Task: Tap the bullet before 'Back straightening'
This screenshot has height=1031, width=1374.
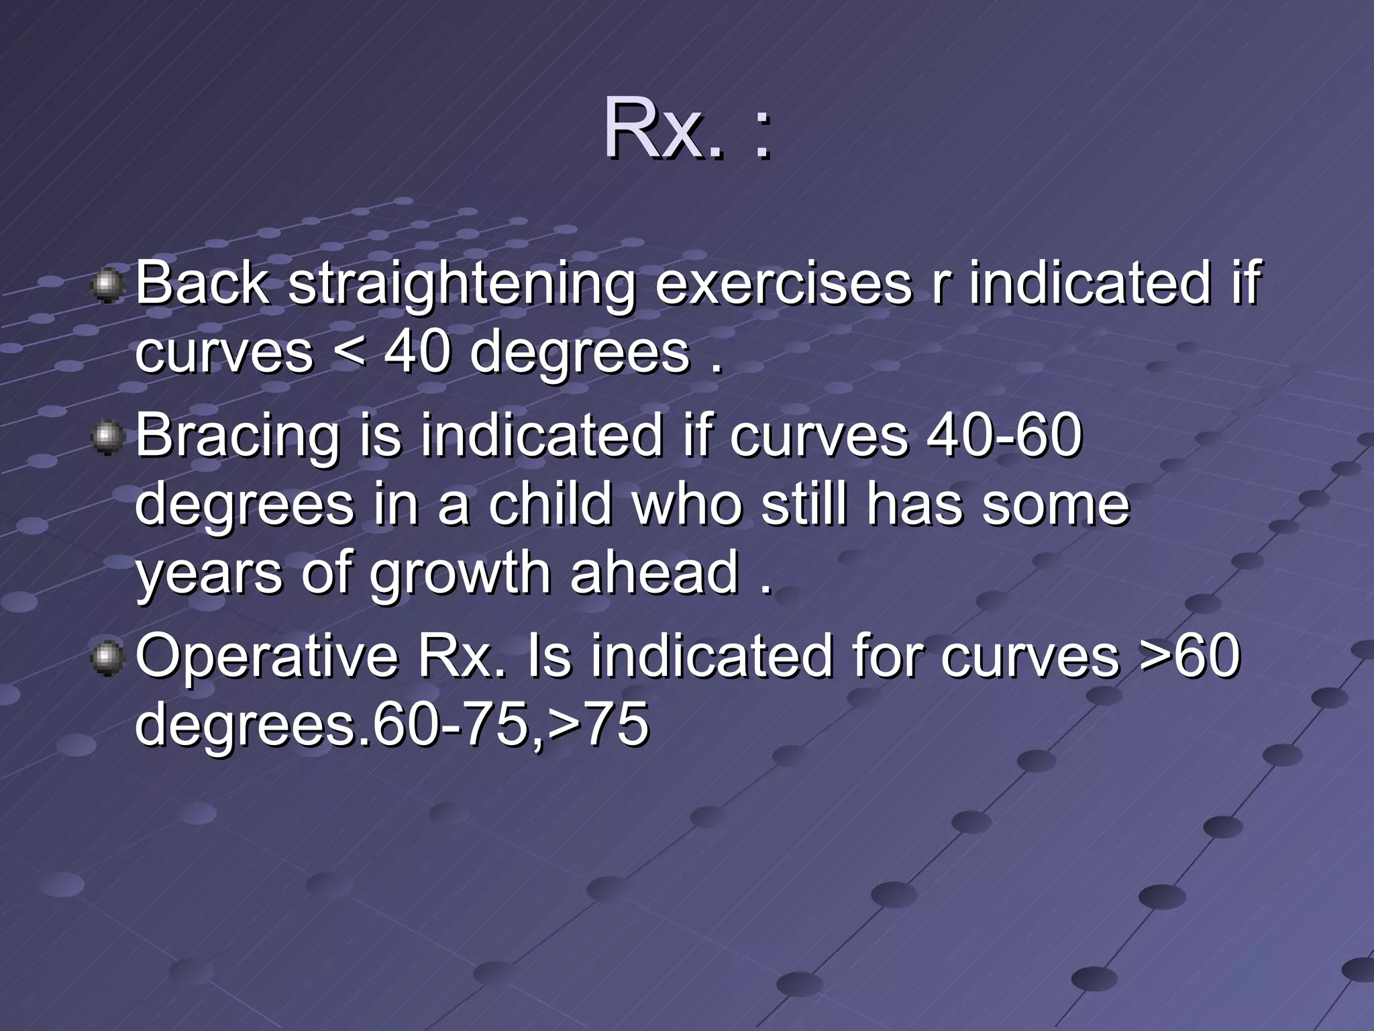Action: pos(107,287)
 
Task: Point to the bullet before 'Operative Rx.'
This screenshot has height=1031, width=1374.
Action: pos(107,658)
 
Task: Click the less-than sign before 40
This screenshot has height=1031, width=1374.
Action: pos(349,353)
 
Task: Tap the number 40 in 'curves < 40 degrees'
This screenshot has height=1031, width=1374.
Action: pos(416,352)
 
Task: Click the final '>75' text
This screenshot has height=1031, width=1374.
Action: pos(598,724)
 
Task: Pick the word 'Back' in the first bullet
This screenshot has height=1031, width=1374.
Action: pos(202,283)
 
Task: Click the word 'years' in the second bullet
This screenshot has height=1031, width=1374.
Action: pos(209,575)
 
